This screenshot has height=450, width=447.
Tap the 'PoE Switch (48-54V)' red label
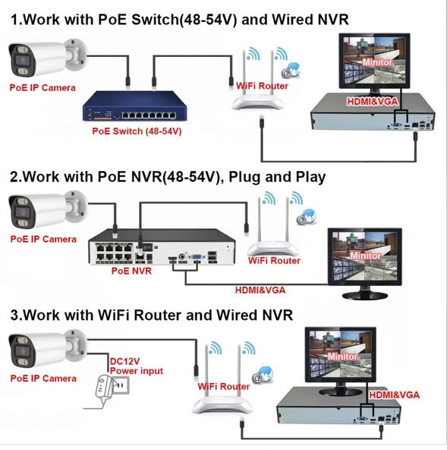point(137,131)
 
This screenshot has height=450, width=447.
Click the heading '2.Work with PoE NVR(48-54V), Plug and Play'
point(168,177)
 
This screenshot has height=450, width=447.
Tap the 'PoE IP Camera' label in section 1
point(42,87)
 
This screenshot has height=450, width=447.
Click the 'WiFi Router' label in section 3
point(224,386)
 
